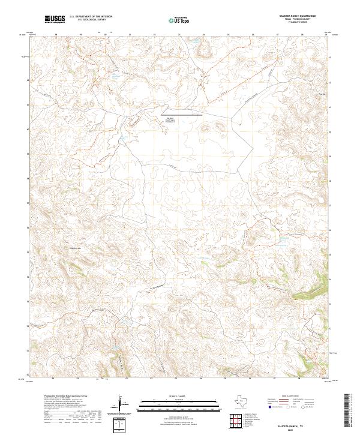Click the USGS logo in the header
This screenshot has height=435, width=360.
[x=55, y=20]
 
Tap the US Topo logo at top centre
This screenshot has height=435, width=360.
[x=180, y=20]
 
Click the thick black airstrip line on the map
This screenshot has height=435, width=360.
[x=181, y=113]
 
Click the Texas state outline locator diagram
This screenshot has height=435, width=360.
[x=242, y=401]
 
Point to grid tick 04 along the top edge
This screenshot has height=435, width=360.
[x=204, y=35]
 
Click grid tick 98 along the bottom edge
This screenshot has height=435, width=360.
[x=55, y=379]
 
